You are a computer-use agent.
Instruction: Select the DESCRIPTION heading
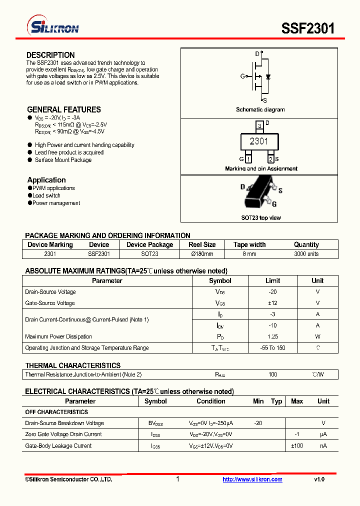pyautogui.click(x=50, y=55)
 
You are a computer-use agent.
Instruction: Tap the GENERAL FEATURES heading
pyautogui.click(x=63, y=109)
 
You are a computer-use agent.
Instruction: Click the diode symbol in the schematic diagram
pyautogui.click(x=268, y=76)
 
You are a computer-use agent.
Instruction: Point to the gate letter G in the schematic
pyautogui.click(x=242, y=76)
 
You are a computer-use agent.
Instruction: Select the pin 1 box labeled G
pyautogui.click(x=248, y=159)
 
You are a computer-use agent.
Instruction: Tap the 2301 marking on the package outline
pyautogui.click(x=259, y=141)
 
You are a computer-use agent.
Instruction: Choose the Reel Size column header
pyautogui.click(x=202, y=244)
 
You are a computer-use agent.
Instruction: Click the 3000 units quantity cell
pyautogui.click(x=306, y=254)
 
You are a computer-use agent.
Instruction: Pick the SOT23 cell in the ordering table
pyautogui.click(x=149, y=254)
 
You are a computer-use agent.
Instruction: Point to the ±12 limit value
pyautogui.click(x=272, y=303)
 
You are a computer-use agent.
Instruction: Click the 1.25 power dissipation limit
pyautogui.click(x=272, y=336)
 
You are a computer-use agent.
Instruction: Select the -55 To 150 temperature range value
pyautogui.click(x=272, y=348)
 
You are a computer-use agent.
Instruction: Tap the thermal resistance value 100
pyautogui.click(x=272, y=374)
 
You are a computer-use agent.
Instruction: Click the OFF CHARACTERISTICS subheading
pyautogui.click(x=56, y=412)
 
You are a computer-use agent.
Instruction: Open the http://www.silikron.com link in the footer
pyautogui.click(x=252, y=479)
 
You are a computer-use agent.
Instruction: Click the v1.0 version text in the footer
pyautogui.click(x=319, y=479)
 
